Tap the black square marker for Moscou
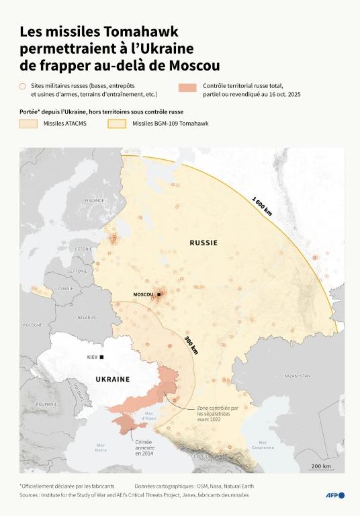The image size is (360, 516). coord(159,294)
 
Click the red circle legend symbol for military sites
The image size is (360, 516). coord(22,87)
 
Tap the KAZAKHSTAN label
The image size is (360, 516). coord(297,375)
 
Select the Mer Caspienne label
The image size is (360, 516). coord(263,445)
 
